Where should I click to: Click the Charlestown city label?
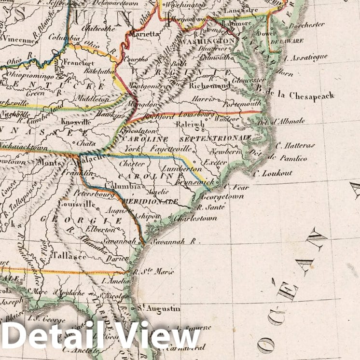[195, 218]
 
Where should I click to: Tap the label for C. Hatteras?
[295, 145]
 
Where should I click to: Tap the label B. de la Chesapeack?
[296, 96]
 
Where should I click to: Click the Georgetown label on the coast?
[222, 197]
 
